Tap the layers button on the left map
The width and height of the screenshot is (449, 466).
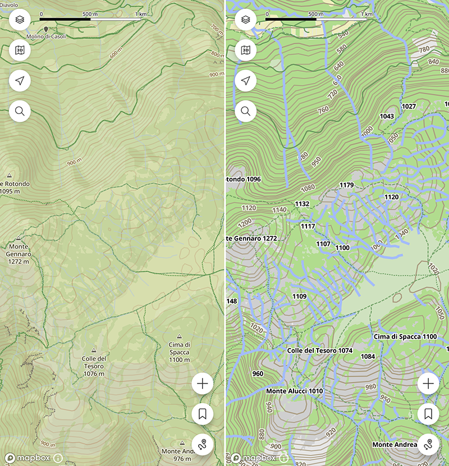(20, 20)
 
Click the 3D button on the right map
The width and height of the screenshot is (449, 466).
(245, 51)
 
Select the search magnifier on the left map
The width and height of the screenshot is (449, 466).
(20, 111)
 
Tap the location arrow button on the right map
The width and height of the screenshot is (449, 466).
(245, 81)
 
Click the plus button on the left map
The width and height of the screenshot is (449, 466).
(203, 384)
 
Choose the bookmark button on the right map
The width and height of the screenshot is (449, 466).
(428, 414)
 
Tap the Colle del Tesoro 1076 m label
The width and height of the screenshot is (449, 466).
(94, 366)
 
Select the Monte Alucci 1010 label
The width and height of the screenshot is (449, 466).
(294, 391)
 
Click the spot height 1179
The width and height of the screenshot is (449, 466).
(347, 185)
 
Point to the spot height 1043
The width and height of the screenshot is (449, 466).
(387, 116)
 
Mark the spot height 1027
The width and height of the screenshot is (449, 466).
(409, 106)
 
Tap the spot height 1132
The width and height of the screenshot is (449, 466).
(302, 204)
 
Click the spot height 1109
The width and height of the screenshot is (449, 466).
(300, 296)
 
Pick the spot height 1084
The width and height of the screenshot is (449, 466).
(368, 356)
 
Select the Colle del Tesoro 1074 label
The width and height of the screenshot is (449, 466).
(319, 350)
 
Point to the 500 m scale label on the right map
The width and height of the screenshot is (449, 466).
(316, 15)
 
